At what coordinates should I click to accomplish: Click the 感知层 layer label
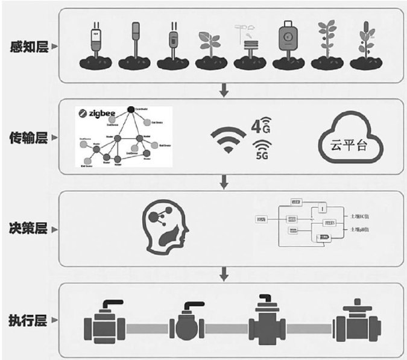coord(27,46)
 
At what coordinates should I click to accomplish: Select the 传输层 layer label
coord(27,139)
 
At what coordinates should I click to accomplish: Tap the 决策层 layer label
coord(27,230)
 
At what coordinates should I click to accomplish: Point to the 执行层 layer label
coord(27,320)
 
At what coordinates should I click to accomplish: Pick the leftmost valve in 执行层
coord(105,326)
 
